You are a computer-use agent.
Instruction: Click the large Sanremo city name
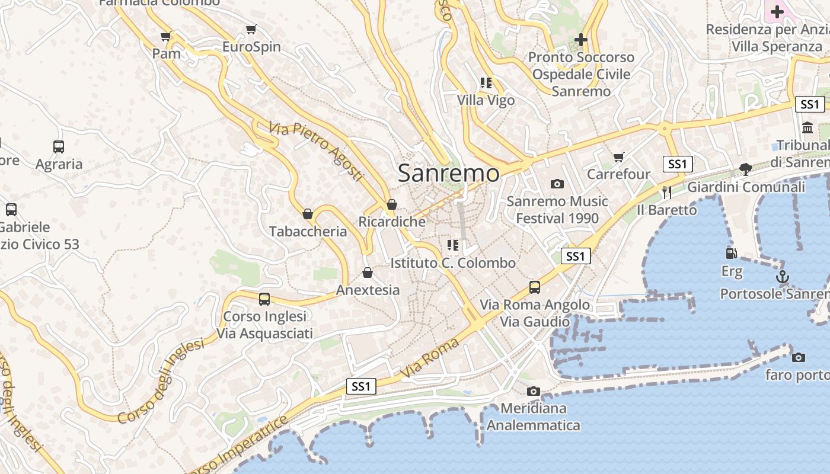point(449,173)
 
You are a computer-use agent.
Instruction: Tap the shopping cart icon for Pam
point(166,37)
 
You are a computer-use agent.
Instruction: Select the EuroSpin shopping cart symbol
point(251,30)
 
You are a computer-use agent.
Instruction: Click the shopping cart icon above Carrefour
point(619,157)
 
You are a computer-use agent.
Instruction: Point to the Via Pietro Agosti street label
point(315,152)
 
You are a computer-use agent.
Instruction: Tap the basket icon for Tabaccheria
point(308,214)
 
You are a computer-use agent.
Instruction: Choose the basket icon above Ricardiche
point(391,205)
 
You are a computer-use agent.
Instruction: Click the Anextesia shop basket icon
point(368,273)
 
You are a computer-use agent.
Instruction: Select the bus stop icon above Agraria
point(59,147)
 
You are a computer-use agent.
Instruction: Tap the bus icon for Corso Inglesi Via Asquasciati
point(264,299)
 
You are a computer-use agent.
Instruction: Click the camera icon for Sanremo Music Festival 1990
point(557,184)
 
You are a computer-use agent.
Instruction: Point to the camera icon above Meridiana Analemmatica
point(534,391)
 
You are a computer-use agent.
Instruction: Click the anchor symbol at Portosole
point(783,277)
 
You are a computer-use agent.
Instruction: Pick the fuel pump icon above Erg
point(732,254)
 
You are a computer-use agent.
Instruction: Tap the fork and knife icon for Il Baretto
point(666,192)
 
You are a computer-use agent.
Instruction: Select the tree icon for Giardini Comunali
point(746,169)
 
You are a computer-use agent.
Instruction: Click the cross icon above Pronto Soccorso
point(581,40)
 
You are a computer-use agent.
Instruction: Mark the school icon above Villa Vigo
point(486,83)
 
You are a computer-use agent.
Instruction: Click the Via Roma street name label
point(430,358)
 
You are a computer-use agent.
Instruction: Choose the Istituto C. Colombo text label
point(453,262)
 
